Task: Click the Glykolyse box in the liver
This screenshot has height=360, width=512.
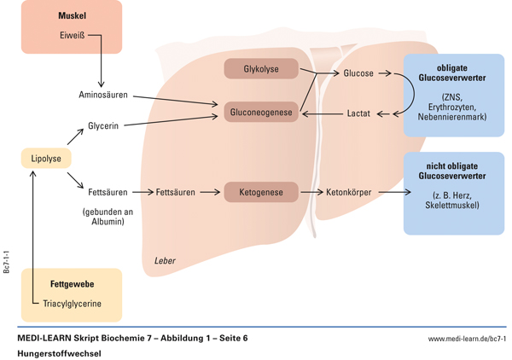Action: point(261,69)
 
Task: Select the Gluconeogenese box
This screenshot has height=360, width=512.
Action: point(261,112)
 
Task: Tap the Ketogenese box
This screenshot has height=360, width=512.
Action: point(261,192)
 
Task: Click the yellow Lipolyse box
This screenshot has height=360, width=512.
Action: point(45,159)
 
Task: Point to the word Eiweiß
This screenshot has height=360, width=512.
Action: point(72,37)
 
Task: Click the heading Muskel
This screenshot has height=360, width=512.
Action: point(72,16)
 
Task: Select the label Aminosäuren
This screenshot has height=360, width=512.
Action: point(103,95)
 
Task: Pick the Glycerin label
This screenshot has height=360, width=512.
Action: point(103,126)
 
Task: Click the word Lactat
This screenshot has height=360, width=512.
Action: point(358,113)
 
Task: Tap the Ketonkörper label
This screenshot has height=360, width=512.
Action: point(349,193)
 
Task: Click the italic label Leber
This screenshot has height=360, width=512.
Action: point(165,260)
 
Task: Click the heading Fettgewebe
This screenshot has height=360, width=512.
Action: point(73,284)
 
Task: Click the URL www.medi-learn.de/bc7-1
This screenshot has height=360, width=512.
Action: point(467,339)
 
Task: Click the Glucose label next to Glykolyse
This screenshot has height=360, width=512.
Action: point(358,73)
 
